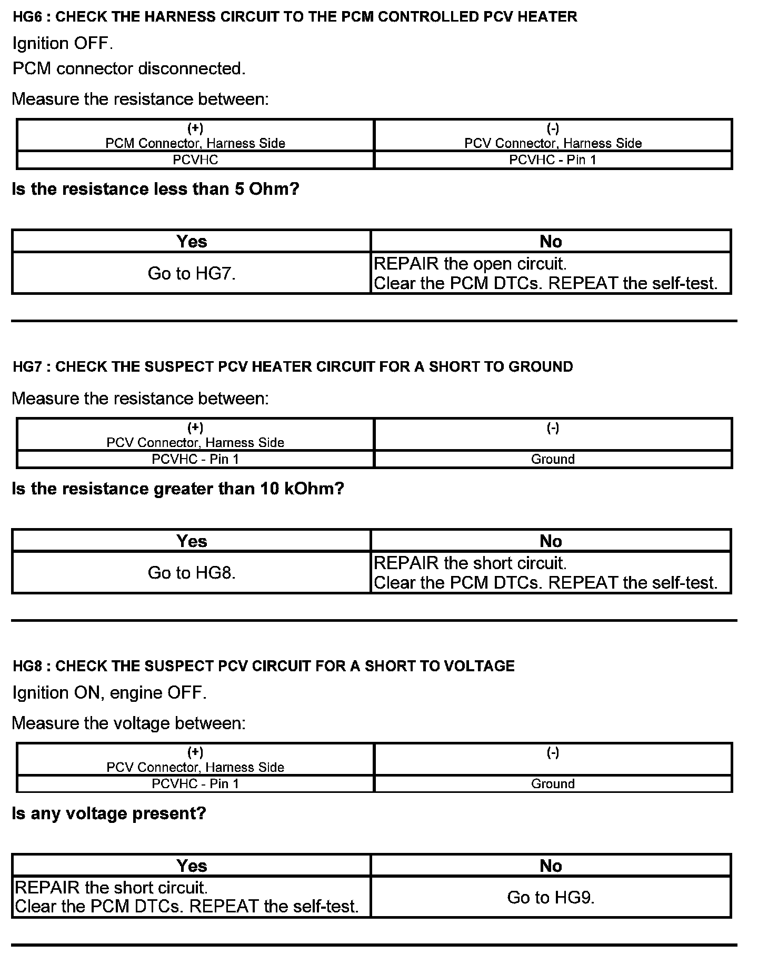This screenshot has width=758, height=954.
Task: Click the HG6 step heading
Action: [x=295, y=17]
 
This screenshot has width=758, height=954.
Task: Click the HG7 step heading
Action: [x=293, y=367]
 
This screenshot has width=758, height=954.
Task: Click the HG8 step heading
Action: [x=263, y=666]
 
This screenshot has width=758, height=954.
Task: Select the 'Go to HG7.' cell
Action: [x=192, y=273]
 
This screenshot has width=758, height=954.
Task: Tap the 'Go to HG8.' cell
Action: [x=192, y=573]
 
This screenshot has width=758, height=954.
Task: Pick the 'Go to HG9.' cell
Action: [x=551, y=897]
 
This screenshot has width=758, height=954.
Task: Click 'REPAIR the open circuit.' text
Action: [x=470, y=263]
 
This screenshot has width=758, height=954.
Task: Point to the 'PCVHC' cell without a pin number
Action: [x=195, y=160]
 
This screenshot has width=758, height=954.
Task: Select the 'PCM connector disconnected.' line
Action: [x=129, y=69]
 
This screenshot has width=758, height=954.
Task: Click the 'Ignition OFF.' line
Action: [x=63, y=43]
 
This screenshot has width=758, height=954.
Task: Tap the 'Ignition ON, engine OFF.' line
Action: [x=109, y=692]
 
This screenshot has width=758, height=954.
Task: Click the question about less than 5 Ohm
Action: [x=155, y=189]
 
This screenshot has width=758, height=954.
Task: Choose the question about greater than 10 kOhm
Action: [x=177, y=489]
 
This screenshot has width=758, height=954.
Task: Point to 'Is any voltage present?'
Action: [x=109, y=813]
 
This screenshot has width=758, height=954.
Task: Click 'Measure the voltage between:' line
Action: [x=128, y=723]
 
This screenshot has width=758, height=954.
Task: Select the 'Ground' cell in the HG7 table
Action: [x=553, y=459]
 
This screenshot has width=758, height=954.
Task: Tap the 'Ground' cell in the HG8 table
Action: [x=553, y=784]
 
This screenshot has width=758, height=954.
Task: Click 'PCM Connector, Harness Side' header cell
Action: [x=195, y=143]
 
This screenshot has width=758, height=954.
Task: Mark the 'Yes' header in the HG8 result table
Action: [x=192, y=866]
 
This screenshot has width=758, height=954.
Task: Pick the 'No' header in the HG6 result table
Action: [x=551, y=242]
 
